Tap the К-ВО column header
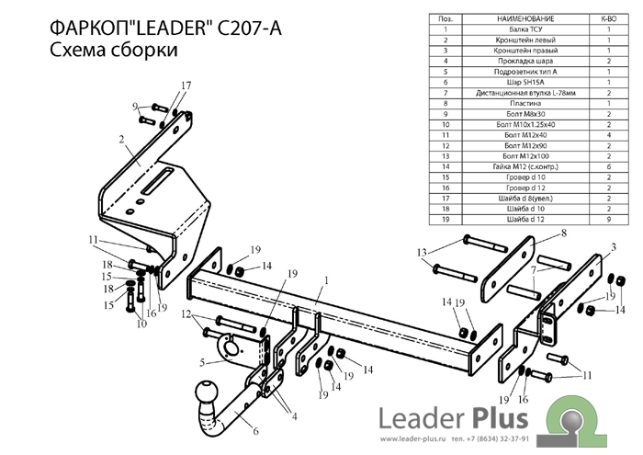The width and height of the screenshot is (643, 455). pos(608,18)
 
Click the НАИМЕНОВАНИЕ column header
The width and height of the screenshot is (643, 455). pos(521,18)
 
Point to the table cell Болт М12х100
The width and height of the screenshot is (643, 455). pos(521,156)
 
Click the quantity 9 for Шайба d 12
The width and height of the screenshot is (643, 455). pos(608,220)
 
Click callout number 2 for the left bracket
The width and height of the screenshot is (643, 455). pos(120,140)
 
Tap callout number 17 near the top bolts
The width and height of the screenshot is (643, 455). pos(186,86)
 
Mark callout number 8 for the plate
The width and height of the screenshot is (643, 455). pos(564,233)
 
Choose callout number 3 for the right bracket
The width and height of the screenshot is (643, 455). pos(612,246)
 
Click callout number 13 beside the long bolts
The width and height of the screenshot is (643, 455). pos(422,253)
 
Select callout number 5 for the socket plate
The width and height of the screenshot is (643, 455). pos(202,363)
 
